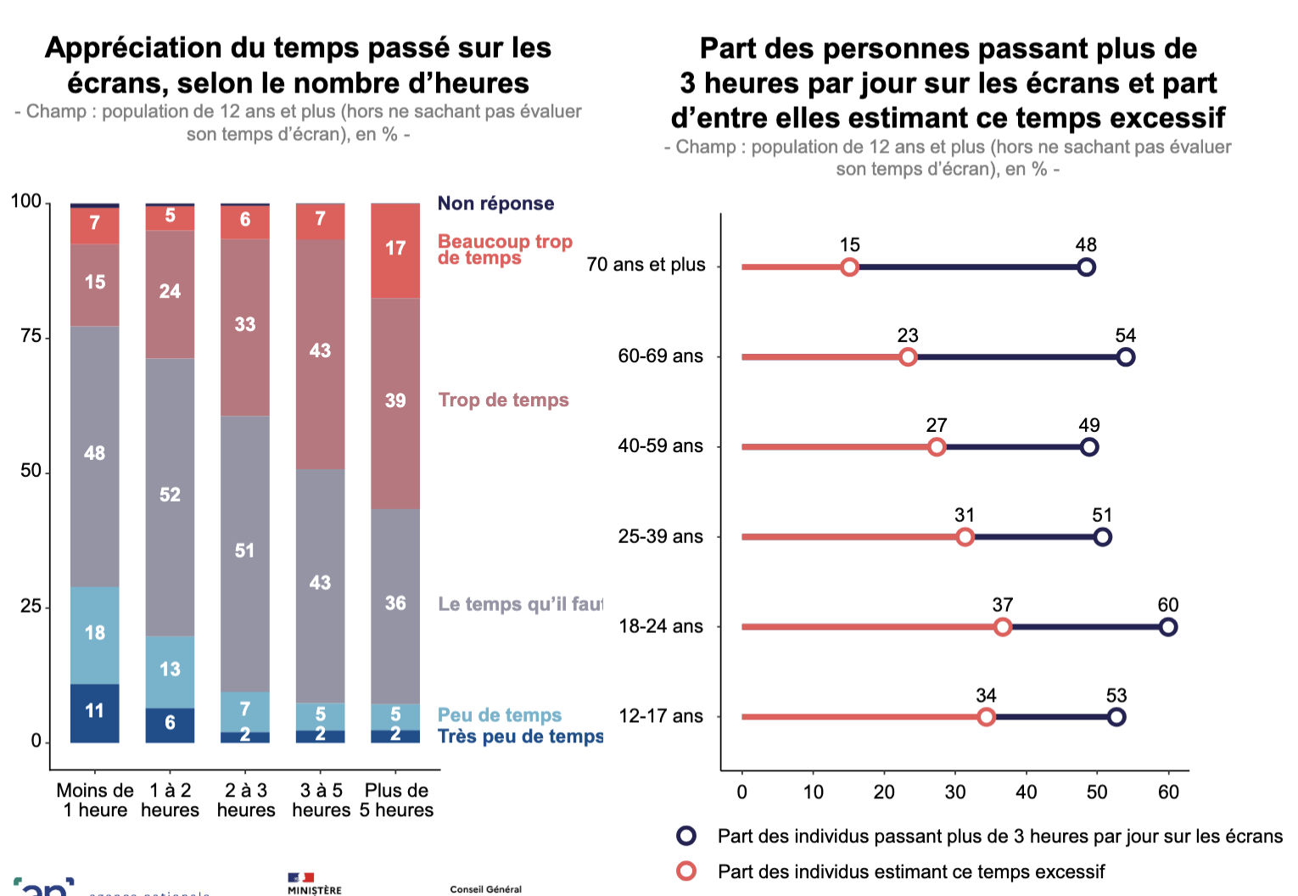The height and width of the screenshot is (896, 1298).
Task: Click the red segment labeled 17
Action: (395, 250)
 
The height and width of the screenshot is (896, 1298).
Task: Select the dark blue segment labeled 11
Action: (94, 713)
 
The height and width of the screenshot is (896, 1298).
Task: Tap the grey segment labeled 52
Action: (170, 496)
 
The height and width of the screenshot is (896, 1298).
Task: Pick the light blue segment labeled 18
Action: (94, 635)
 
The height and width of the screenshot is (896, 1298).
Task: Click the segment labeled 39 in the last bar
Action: (395, 403)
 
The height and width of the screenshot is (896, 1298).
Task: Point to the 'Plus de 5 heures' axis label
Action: (396, 800)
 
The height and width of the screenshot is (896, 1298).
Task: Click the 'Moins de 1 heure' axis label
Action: (95, 800)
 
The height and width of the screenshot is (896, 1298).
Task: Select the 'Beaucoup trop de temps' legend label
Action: (504, 249)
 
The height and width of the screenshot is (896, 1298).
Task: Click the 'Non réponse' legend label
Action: (495, 204)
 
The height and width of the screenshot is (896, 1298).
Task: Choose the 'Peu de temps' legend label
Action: (499, 715)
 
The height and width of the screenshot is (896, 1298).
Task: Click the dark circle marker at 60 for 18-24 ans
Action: (1167, 627)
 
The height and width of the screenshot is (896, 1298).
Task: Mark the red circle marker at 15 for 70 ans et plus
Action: (849, 267)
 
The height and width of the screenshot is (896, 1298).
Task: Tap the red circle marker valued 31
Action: (965, 537)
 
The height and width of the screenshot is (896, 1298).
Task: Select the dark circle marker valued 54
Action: (1126, 357)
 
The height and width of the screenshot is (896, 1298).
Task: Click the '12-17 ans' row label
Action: (661, 716)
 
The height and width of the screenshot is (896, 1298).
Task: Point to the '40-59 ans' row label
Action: (660, 446)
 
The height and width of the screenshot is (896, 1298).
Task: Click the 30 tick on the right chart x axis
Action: (955, 792)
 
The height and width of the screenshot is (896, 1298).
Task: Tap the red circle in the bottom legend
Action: (686, 871)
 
